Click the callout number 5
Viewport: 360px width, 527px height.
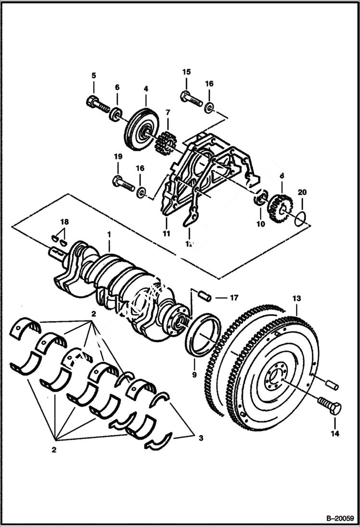[94, 75]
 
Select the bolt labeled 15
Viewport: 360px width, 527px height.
[191, 99]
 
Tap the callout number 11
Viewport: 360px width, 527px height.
[166, 234]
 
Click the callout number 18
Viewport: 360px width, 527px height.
[64, 221]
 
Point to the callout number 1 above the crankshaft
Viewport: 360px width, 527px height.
[110, 234]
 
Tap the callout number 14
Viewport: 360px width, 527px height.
[335, 433]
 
